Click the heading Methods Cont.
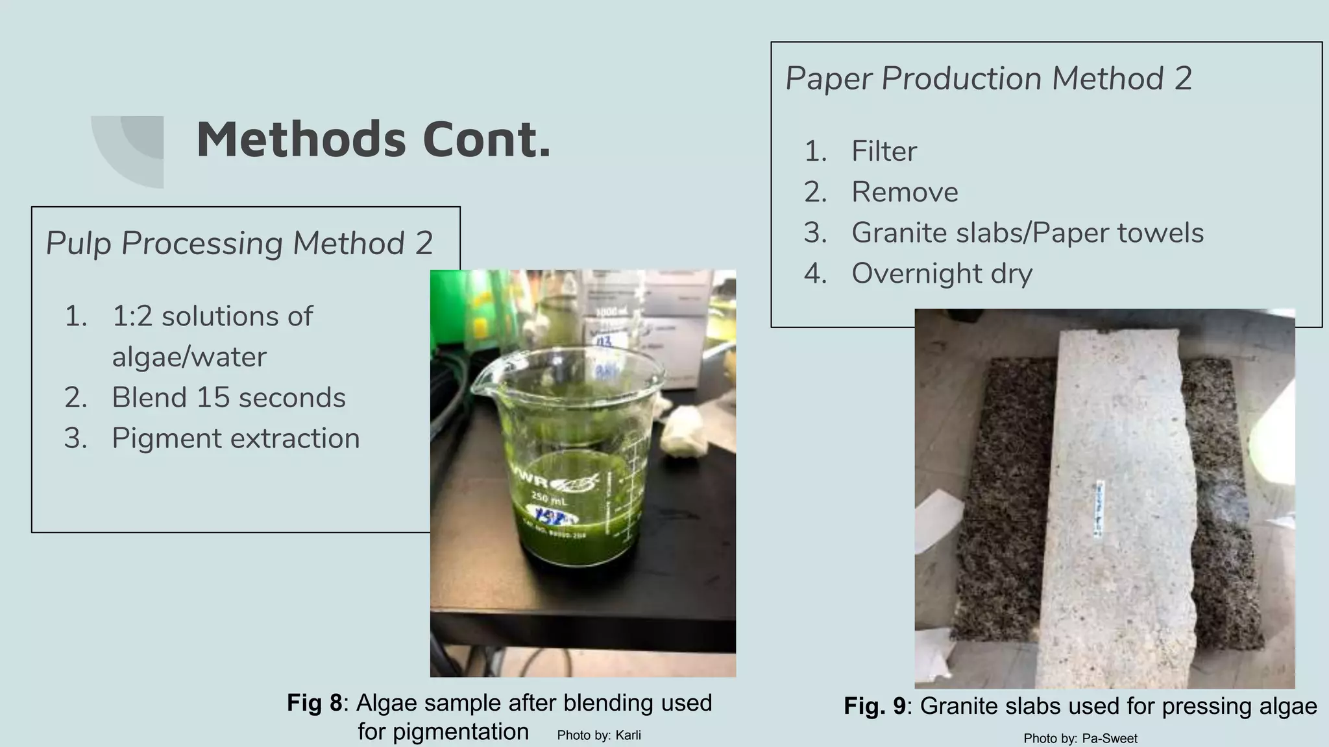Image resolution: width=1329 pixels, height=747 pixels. (x=373, y=139)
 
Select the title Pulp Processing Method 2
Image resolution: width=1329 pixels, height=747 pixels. (x=239, y=243)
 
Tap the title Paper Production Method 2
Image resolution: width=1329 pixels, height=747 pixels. (x=988, y=78)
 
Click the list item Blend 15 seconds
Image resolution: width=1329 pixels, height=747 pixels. (x=228, y=397)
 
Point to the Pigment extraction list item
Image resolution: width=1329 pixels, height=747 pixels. (x=236, y=438)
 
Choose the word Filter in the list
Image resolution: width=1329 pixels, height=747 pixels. (x=884, y=151)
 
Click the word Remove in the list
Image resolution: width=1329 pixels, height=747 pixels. (x=905, y=192)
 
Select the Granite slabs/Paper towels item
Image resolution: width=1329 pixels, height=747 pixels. (x=1027, y=233)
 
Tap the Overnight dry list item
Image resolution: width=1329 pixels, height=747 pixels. (x=942, y=274)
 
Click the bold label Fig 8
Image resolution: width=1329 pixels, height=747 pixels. (x=314, y=703)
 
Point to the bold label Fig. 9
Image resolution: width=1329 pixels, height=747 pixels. (x=874, y=706)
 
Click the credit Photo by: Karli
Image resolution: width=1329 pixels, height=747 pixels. (x=599, y=735)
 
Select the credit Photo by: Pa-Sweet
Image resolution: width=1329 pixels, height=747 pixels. (x=1080, y=739)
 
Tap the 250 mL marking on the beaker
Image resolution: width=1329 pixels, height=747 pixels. (x=549, y=499)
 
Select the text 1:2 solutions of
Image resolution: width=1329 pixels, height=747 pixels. (x=212, y=316)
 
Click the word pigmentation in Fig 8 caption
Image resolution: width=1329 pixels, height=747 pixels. (x=443, y=732)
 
